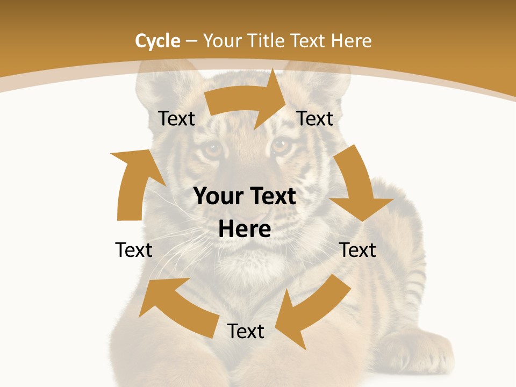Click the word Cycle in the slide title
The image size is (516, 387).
(x=157, y=41)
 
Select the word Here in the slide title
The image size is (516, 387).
(x=351, y=41)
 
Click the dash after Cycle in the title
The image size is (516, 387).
(x=191, y=41)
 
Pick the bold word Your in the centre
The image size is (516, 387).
(x=219, y=197)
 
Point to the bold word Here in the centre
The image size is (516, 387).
(x=245, y=230)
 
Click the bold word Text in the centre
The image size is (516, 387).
(x=272, y=197)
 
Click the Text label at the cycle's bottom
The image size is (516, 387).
(x=246, y=331)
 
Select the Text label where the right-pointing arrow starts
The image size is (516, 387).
(x=176, y=118)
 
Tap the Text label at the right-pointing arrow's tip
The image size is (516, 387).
(x=315, y=118)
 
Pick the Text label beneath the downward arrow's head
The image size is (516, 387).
(x=358, y=250)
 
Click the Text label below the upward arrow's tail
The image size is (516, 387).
(x=134, y=250)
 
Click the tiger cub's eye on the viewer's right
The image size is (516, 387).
(x=281, y=145)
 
